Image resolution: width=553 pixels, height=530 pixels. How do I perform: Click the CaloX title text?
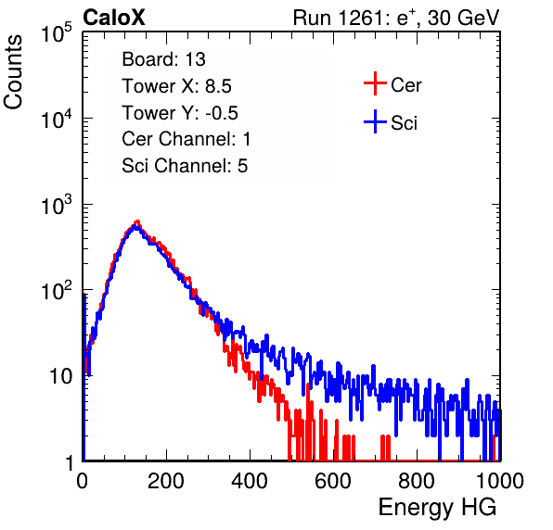pyautogui.click(x=114, y=18)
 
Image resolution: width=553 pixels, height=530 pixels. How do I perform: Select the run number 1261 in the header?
pyautogui.click(x=360, y=18)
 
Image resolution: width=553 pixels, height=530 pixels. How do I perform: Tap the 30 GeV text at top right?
pyautogui.click(x=463, y=19)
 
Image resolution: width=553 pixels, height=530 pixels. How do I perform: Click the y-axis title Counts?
pyautogui.click(x=13, y=72)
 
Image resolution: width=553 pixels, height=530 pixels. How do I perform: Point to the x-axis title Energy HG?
pyautogui.click(x=437, y=508)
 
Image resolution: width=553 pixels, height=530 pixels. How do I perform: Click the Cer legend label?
pyautogui.click(x=405, y=85)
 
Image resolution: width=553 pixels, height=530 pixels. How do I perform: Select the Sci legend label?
pyautogui.click(x=404, y=123)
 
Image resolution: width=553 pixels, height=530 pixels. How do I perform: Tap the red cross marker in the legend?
pyautogui.click(x=375, y=83)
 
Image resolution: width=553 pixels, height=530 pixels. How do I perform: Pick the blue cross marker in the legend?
pyautogui.click(x=375, y=122)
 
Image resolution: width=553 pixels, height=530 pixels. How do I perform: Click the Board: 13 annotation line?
pyautogui.click(x=163, y=59)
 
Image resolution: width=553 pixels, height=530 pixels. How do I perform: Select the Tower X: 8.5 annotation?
pyautogui.click(x=176, y=86)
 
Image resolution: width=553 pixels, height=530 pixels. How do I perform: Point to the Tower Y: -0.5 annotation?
pyautogui.click(x=180, y=113)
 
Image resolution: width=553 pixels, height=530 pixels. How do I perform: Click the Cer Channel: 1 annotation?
pyautogui.click(x=186, y=139)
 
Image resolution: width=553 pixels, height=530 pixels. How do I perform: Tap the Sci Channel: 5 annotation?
pyautogui.click(x=185, y=166)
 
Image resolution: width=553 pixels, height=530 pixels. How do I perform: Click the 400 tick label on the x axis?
pyautogui.click(x=250, y=481)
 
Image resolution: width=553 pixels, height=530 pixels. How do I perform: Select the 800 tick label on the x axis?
pyautogui.click(x=417, y=481)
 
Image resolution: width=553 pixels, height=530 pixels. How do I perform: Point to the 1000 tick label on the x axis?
pyautogui.click(x=500, y=481)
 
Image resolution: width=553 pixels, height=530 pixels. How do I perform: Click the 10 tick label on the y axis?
pyautogui.click(x=61, y=376)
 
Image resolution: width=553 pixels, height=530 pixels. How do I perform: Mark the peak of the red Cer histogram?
pyautogui.click(x=137, y=221)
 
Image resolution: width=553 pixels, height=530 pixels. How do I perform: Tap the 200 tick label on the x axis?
pyautogui.click(x=166, y=481)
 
